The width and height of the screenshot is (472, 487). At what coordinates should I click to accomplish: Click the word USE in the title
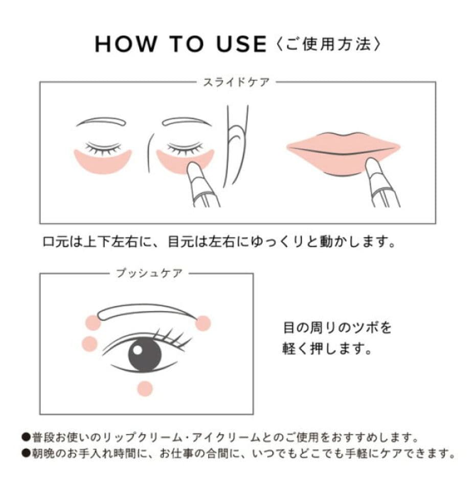coord(241,44)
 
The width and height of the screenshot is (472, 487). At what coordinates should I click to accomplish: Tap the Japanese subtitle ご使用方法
coord(327,44)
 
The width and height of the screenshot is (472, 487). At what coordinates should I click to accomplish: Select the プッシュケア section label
coord(148,273)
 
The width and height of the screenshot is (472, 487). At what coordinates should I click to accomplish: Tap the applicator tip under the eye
coord(193,169)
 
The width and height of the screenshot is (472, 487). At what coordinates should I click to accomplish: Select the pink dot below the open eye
coord(145,388)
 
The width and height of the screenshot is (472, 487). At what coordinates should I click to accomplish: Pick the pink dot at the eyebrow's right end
coord(203,323)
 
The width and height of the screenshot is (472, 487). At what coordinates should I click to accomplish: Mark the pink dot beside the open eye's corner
coord(89,344)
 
